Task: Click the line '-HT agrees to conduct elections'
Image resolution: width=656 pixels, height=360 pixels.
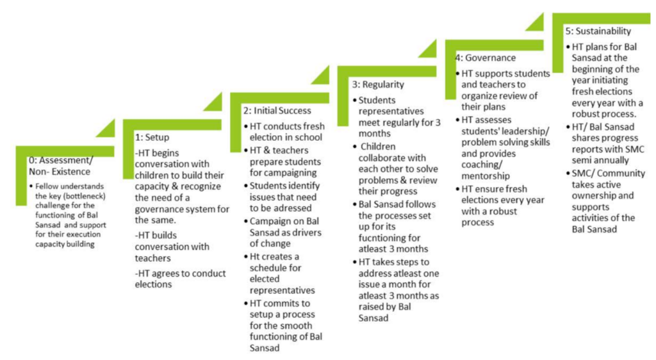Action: (180, 279)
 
